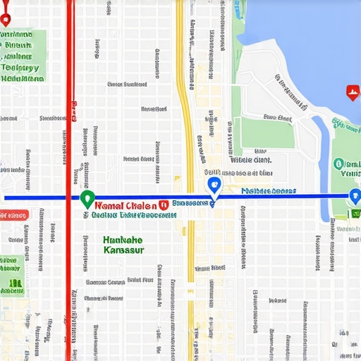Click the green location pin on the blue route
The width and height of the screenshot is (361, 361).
[87, 198]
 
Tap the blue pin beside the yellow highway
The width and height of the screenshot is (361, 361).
[214, 185]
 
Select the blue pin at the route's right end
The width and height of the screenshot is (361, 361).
[355, 197]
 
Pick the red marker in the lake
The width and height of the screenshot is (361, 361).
[352, 92]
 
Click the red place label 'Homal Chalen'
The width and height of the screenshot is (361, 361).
[124, 203]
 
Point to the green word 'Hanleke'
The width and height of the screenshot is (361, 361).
[122, 240]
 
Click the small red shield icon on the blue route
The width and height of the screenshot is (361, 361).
[163, 203]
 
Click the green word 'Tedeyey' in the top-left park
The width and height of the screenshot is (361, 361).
[20, 68]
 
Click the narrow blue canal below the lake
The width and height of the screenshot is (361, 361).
[323, 155]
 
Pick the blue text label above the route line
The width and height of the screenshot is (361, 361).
[268, 190]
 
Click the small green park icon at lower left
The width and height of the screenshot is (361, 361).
[14, 285]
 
